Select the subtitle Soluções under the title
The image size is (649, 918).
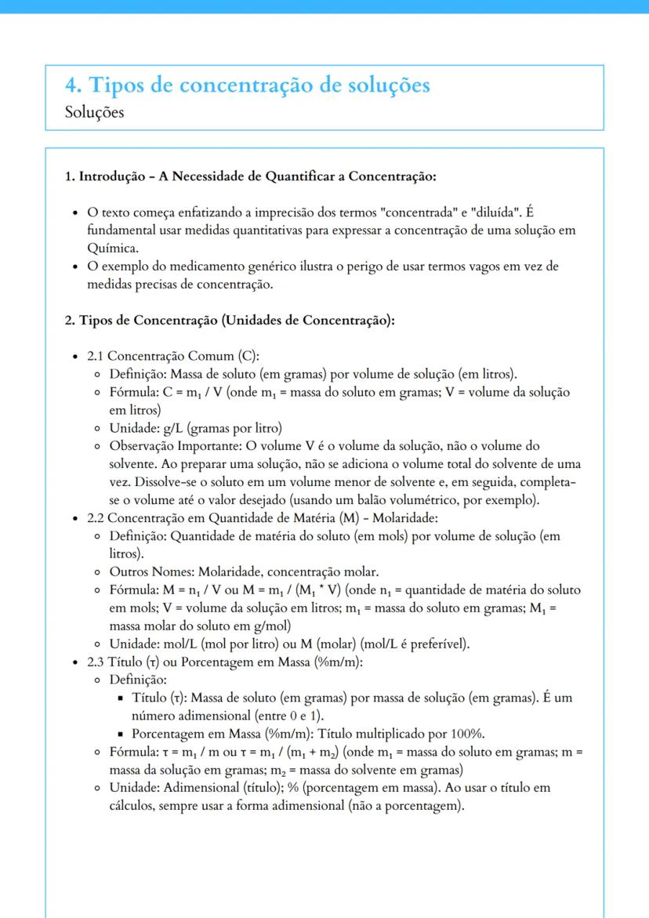95,112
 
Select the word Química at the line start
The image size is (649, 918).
109,248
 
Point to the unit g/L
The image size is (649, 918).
171,428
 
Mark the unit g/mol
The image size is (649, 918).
271,626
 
